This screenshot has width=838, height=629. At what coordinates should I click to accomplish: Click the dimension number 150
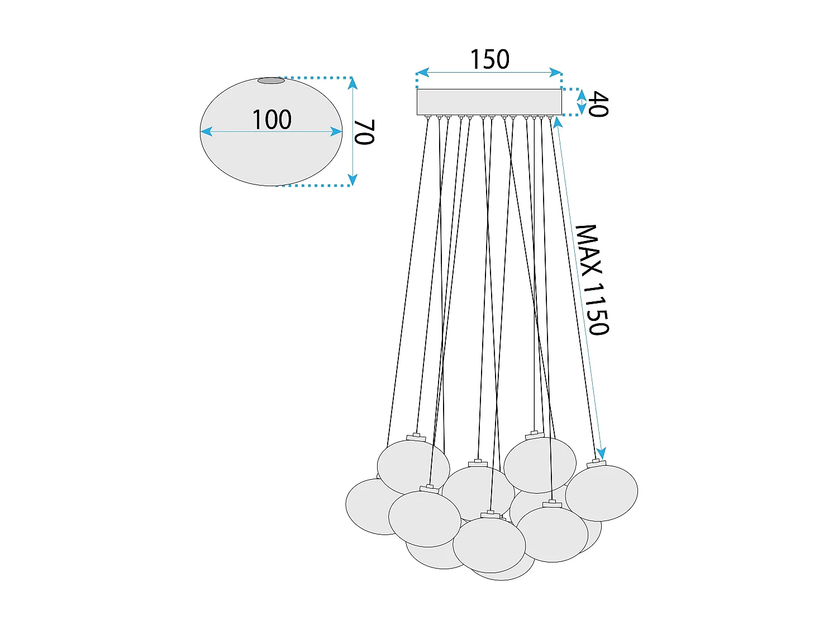click(489, 60)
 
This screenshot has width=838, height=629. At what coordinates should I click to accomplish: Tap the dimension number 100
click(272, 120)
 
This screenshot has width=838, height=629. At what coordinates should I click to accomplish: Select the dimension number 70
click(364, 132)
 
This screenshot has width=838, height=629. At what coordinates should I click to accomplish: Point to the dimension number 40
click(598, 104)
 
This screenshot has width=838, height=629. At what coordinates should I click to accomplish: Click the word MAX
click(588, 249)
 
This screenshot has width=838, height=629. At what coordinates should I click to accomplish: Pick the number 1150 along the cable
click(596, 309)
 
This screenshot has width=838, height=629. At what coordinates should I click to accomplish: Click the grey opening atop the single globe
click(271, 81)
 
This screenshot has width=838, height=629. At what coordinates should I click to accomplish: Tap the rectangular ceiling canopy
click(489, 102)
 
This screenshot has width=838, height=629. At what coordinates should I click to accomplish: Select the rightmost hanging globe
click(601, 493)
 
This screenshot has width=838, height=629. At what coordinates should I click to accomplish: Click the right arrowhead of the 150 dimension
click(556, 72)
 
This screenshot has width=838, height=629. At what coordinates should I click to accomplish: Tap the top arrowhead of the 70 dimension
click(353, 83)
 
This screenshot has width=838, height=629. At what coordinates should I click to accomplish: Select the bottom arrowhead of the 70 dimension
click(353, 179)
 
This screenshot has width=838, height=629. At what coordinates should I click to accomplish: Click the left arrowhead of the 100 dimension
click(206, 132)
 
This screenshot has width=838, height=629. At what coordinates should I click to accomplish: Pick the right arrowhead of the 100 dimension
click(336, 132)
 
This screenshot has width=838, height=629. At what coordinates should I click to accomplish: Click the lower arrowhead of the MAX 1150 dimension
click(601, 453)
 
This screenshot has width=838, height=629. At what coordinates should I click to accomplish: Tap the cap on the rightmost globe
click(596, 464)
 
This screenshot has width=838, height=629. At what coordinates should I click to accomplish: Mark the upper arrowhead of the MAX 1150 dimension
click(558, 122)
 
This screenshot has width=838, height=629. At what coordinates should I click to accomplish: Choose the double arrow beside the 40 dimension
click(581, 102)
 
